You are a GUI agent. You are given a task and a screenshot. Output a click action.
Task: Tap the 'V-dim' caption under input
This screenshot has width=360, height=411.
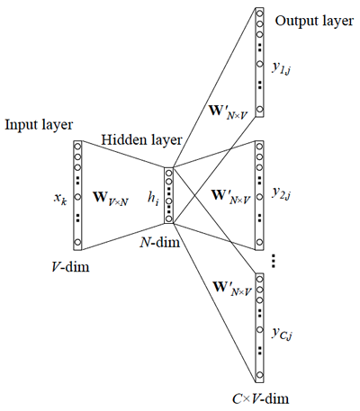tap(75, 266)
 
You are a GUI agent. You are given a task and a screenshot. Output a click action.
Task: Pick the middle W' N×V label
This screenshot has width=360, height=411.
tap(231, 194)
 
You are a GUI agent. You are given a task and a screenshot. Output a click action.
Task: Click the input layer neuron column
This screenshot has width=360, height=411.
tap(77, 194)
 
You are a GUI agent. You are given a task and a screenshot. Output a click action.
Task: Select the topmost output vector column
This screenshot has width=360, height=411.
tap(259, 61)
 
